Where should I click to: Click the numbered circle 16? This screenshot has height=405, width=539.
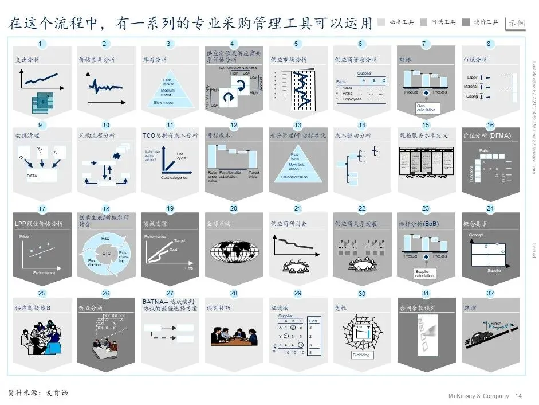490,125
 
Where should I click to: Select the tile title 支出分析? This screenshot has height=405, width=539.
28,60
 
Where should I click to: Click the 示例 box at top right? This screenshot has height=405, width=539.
516,23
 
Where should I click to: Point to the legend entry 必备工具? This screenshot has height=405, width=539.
401,22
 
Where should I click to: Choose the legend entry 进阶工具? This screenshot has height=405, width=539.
486,22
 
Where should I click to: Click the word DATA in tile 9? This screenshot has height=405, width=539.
33,176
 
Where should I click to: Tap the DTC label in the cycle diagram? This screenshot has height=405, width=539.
107,252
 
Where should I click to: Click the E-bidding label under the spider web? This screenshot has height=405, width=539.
361,355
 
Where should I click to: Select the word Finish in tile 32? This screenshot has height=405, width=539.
495,324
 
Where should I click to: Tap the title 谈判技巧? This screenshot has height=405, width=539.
218,308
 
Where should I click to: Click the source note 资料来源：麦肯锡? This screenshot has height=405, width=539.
38,392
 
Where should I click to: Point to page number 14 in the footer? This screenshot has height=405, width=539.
519,396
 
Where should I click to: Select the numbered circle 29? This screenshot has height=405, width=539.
297,293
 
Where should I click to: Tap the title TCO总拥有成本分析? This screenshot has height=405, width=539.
170,135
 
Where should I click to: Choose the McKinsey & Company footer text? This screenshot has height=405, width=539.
478,396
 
